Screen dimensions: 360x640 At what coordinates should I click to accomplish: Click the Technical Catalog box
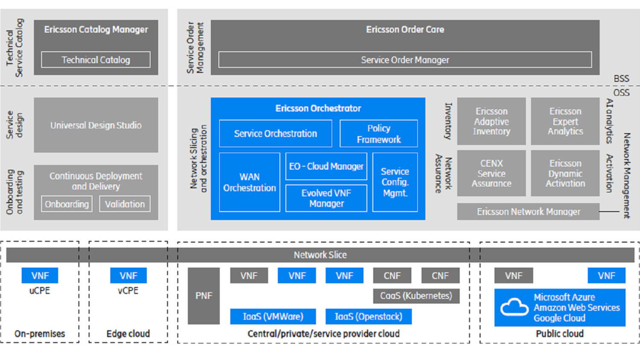[x=96, y=60]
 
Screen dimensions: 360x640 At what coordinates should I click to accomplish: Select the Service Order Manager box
[x=404, y=60]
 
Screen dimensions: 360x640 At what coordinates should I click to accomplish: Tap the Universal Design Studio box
[x=96, y=125]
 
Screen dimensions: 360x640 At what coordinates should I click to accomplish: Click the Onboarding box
[x=67, y=204]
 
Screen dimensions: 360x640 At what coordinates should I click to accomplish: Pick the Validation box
[x=125, y=204]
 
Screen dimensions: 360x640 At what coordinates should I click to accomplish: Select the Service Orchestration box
[x=275, y=134]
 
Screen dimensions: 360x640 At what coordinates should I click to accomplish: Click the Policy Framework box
[x=378, y=134]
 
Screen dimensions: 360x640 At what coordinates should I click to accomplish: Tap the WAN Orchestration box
[x=249, y=182]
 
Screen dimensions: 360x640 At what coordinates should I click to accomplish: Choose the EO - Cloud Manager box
[x=326, y=166]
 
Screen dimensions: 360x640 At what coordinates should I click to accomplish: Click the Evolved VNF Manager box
[x=326, y=198]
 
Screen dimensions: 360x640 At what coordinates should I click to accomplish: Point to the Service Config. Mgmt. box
[x=395, y=182]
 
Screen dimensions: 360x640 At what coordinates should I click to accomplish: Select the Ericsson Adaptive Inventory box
[x=491, y=121]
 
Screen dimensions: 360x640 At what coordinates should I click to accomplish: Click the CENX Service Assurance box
[x=491, y=173]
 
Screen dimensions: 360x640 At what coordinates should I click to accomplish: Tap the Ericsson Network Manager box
[x=528, y=212]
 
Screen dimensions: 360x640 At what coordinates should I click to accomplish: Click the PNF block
[x=204, y=296]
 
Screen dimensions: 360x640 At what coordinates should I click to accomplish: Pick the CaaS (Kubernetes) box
[x=416, y=296]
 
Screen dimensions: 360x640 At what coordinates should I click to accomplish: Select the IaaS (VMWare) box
[x=273, y=316]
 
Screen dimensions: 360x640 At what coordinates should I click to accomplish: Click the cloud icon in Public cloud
[x=514, y=307]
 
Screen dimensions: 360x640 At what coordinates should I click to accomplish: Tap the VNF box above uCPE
[x=40, y=276]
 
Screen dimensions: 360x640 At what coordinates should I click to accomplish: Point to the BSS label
[x=621, y=78]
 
